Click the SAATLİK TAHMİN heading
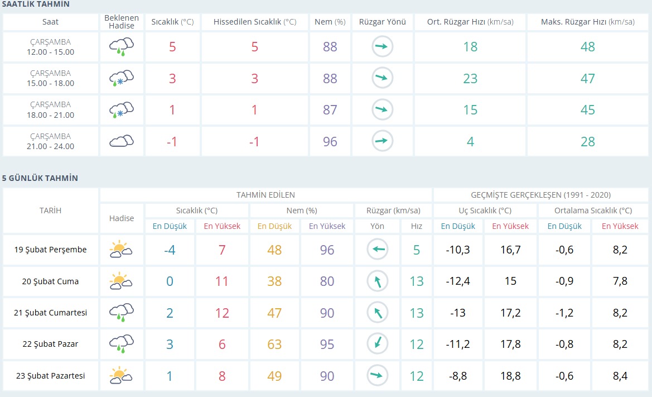point(36,4)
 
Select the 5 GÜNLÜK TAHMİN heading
point(40,178)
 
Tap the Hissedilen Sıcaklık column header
point(255,22)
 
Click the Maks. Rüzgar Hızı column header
point(587,22)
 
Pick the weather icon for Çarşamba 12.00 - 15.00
point(122,46)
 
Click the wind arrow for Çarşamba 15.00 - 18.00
point(382,78)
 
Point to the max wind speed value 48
point(587,46)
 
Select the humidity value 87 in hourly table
point(330,110)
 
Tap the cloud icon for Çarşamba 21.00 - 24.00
point(122,141)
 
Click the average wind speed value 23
point(470,78)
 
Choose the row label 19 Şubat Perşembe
point(50,250)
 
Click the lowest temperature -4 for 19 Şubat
point(170,250)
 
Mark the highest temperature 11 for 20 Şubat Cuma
point(221,281)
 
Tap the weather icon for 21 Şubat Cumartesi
point(122,313)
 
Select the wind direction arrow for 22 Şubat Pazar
point(378,344)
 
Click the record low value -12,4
point(458,281)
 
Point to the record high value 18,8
point(510,376)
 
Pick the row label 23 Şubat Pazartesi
point(50,376)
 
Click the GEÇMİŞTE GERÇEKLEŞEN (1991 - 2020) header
point(540,195)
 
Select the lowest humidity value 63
point(274,344)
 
